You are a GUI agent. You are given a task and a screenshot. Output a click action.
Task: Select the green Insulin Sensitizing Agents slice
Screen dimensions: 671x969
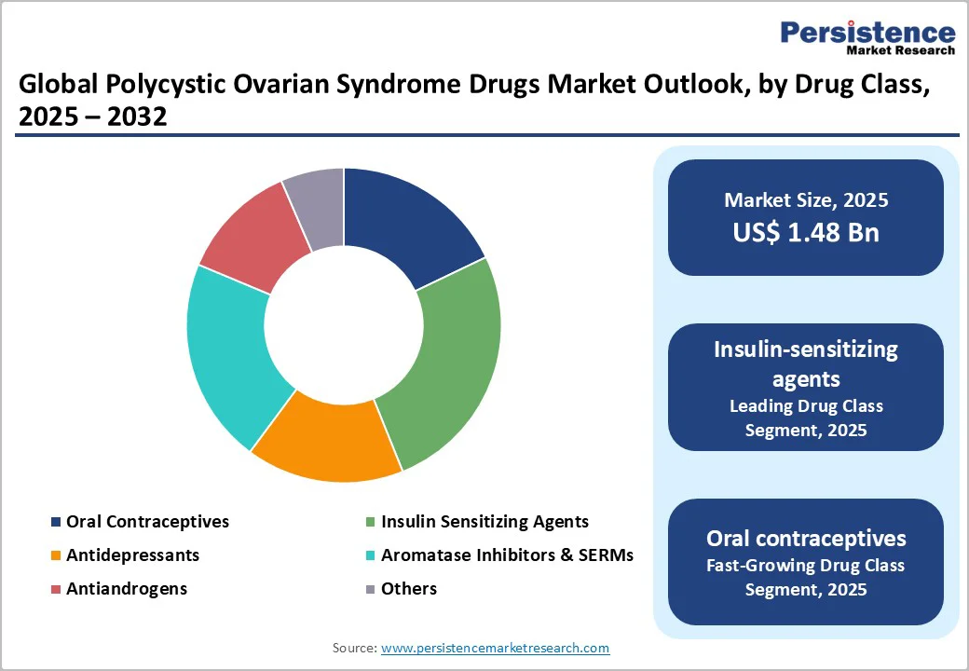point(447,363)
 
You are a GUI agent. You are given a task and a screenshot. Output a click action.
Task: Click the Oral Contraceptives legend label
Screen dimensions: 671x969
point(147,522)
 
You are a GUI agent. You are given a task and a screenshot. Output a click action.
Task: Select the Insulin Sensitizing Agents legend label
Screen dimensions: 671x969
point(484,522)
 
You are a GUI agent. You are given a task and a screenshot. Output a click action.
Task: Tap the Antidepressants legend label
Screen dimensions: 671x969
point(132,555)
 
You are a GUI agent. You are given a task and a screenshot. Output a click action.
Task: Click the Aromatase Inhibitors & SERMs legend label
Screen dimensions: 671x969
point(507,555)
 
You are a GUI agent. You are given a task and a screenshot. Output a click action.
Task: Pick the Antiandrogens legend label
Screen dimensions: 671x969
point(127,589)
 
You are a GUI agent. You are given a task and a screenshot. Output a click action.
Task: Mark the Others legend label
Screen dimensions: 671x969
point(409,589)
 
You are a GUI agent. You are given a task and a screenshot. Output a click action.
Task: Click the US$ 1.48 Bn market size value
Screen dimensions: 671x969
point(806,232)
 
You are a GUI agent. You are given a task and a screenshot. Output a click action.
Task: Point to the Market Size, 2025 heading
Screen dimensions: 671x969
point(806,200)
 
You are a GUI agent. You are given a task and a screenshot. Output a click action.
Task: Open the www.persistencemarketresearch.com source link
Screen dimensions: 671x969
point(495,648)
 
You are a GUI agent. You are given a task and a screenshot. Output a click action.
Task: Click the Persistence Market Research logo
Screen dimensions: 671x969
point(867,38)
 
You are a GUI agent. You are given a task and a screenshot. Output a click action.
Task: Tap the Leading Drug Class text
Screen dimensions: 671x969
point(806,406)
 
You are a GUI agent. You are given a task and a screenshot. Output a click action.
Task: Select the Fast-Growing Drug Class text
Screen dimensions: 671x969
point(806,566)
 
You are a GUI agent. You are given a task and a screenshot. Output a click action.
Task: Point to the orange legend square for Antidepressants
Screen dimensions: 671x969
point(57,556)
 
